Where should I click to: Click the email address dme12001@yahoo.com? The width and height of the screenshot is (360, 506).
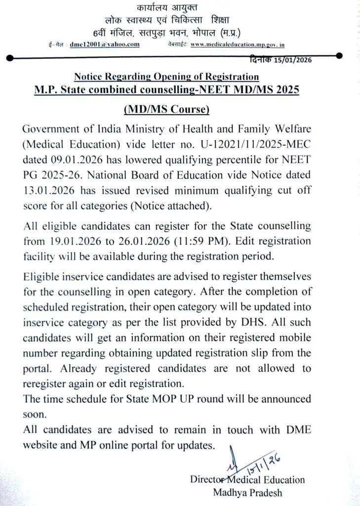[104, 44]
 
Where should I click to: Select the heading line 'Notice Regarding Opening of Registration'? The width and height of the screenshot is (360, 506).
[166, 77]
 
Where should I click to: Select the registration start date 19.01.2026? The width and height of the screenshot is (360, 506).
[72, 242]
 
